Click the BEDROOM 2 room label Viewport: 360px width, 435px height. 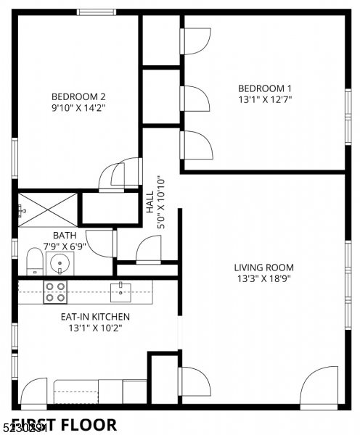click(x=78, y=96)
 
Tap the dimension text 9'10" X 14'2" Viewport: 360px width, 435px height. click(x=78, y=107)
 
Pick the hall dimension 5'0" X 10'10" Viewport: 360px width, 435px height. click(x=162, y=202)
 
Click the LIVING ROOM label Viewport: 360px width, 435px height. click(x=263, y=267)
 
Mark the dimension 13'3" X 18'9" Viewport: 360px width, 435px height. click(x=263, y=278)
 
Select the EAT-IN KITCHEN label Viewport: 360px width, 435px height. click(x=95, y=316)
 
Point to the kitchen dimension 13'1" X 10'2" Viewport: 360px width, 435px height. click(x=95, y=328)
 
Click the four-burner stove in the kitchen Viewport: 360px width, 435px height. click(x=55, y=291)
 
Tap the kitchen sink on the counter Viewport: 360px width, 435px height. click(x=120, y=291)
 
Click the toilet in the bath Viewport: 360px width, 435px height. click(x=34, y=261)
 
